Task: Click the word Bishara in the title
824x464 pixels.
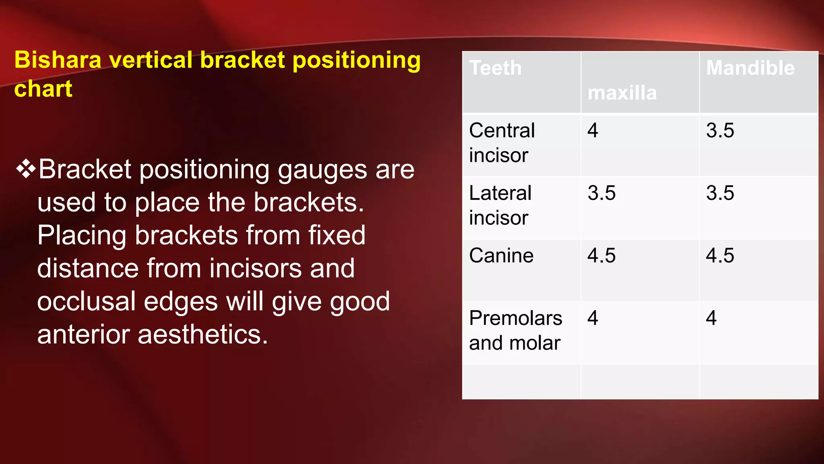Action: pos(58,60)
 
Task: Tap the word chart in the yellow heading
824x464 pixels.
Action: pos(43,89)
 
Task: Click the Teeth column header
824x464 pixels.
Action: pos(495,68)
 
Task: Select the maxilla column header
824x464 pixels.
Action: pos(622,93)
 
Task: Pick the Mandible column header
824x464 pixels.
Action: pos(750,68)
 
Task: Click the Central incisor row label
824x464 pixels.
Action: pos(502,143)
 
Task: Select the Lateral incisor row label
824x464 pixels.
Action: pos(500,205)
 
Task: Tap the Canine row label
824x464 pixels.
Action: pos(501,255)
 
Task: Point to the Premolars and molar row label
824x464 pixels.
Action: pos(515,330)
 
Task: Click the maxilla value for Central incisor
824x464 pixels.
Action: pos(593,130)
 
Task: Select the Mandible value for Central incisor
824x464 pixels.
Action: pos(720,130)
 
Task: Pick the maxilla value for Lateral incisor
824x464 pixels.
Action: pos(602,193)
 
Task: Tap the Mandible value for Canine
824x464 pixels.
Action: pos(720,255)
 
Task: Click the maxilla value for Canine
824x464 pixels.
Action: pos(602,255)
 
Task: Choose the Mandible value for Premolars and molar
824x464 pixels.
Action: pos(711,318)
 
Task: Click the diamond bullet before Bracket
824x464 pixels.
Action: pos(26,169)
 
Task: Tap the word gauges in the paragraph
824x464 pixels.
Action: pos(322,170)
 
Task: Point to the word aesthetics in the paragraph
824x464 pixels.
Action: pos(202,334)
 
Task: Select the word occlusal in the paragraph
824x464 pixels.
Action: pos(87,301)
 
